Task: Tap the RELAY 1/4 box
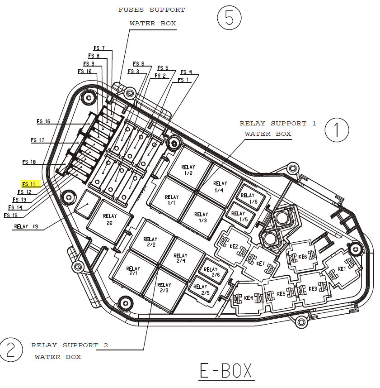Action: [220, 187]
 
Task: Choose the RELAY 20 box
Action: [109, 220]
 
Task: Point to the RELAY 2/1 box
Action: [133, 271]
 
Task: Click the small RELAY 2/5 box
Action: [201, 289]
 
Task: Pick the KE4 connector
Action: [248, 298]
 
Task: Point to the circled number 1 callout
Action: [337, 130]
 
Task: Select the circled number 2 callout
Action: [11, 350]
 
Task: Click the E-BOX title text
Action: [226, 370]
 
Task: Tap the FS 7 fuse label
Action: [99, 48]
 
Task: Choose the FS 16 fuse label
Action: [43, 121]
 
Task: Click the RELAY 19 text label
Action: [26, 227]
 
